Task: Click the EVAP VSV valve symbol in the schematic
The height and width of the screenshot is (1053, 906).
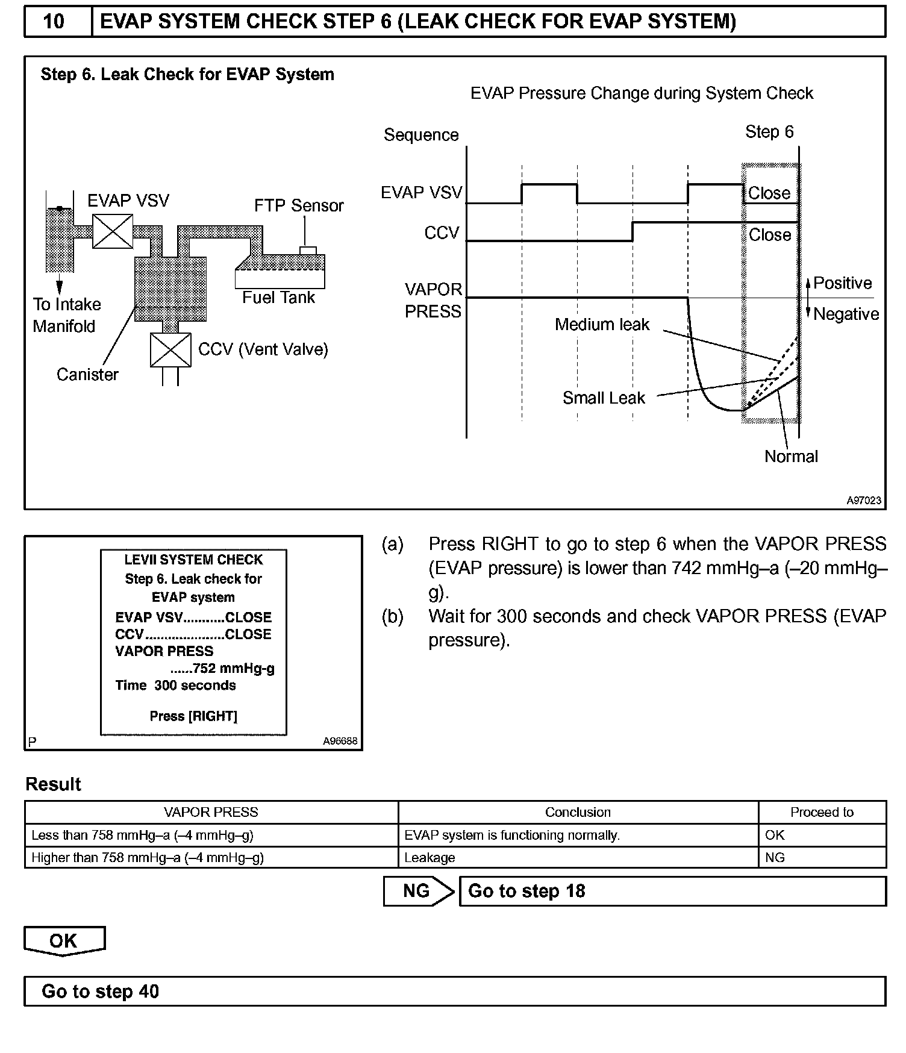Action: coord(113,231)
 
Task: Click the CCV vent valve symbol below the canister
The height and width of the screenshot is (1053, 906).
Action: coord(170,350)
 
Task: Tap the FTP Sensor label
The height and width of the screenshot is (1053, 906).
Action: coord(299,206)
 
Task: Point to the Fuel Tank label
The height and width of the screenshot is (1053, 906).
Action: coord(278,298)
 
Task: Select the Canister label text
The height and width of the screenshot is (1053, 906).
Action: coord(87,375)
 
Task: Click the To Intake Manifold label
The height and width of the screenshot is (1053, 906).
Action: coord(66,315)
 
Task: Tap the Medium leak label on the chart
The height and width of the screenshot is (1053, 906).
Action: coord(602,325)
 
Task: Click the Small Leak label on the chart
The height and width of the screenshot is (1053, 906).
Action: coord(604,398)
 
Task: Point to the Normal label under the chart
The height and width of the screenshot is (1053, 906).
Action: coord(791,457)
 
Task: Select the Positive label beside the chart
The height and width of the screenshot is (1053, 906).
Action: coord(843,283)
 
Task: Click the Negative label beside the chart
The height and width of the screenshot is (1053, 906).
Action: coord(846,314)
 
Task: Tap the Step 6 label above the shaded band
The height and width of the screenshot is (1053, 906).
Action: coord(769,132)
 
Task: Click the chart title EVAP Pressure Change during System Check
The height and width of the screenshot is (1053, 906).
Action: coord(642,93)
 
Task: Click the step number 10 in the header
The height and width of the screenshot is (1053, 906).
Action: coord(54,22)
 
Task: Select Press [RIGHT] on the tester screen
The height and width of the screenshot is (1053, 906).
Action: coord(193,716)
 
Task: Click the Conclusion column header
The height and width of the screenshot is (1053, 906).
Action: coord(578,812)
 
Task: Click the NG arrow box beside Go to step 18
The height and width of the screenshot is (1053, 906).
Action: coord(418,891)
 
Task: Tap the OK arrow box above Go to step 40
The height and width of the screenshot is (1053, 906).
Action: coord(64,941)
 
